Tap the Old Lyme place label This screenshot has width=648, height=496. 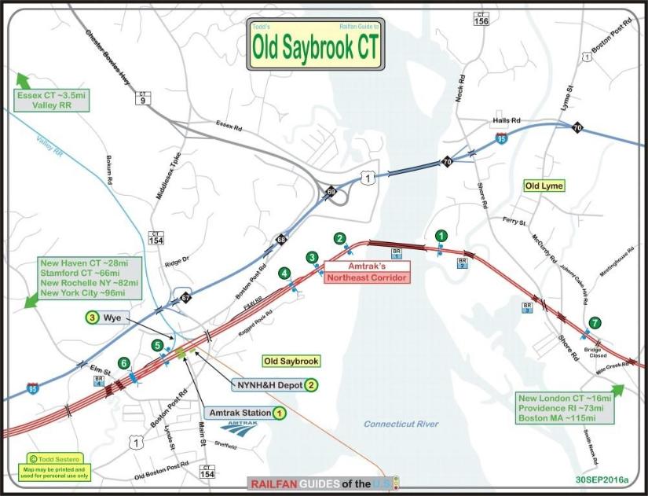click(544, 186)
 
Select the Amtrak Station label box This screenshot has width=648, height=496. click(241, 413)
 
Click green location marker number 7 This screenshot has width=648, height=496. click(595, 322)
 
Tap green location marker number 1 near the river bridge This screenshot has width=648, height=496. click(441, 235)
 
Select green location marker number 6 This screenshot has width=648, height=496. click(123, 363)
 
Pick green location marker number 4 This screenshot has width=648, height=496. click(284, 274)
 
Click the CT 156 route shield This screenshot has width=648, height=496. click(481, 19)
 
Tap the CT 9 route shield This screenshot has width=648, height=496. click(142, 97)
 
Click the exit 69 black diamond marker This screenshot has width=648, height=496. click(331, 192)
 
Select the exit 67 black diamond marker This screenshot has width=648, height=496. click(185, 298)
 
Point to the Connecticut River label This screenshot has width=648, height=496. click(401, 424)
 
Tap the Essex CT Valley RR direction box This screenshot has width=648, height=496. click(49, 100)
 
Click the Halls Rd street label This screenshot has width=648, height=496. click(507, 120)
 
